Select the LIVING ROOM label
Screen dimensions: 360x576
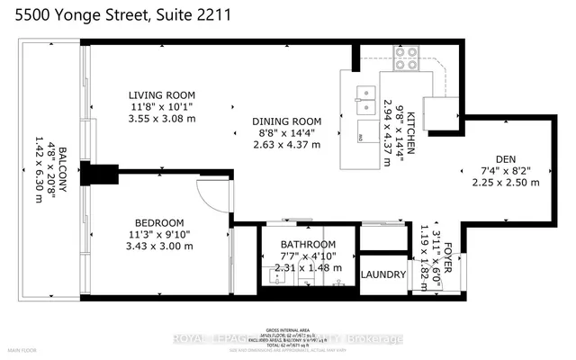click(161, 94)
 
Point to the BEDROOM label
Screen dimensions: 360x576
click(159, 223)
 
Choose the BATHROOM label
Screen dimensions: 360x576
click(307, 244)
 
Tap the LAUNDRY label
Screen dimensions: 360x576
click(383, 275)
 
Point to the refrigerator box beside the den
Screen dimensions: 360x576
click(441, 112)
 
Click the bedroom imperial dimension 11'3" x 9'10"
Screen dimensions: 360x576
click(159, 236)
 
